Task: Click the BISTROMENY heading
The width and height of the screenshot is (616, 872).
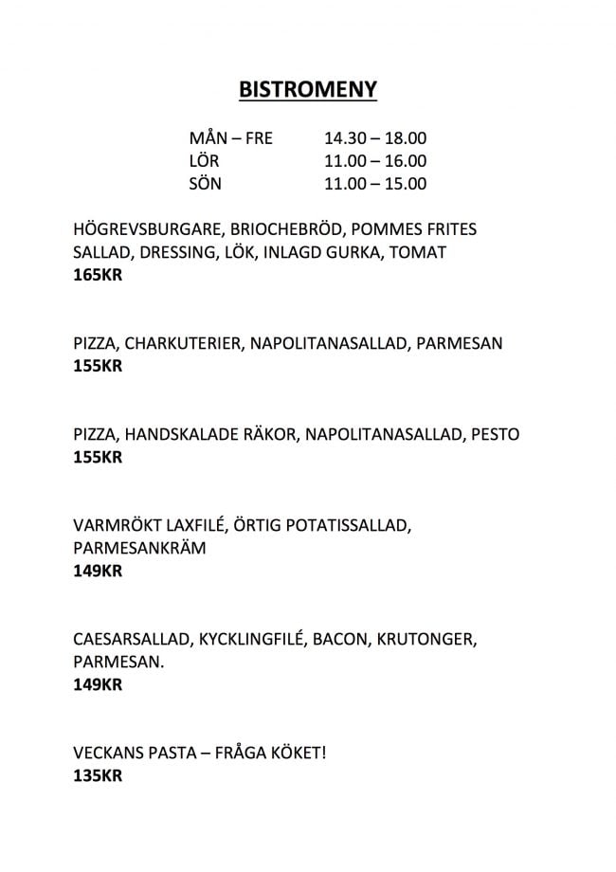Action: tap(308, 89)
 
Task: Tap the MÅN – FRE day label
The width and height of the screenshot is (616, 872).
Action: tap(231, 138)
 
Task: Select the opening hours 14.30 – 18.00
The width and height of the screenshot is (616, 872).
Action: tap(375, 138)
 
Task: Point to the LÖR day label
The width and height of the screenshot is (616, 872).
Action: tap(205, 161)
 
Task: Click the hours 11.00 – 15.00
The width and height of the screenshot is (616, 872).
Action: tap(375, 184)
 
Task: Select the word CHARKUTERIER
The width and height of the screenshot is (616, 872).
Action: tap(183, 343)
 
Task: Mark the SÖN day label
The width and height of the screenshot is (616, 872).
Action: tap(206, 184)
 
